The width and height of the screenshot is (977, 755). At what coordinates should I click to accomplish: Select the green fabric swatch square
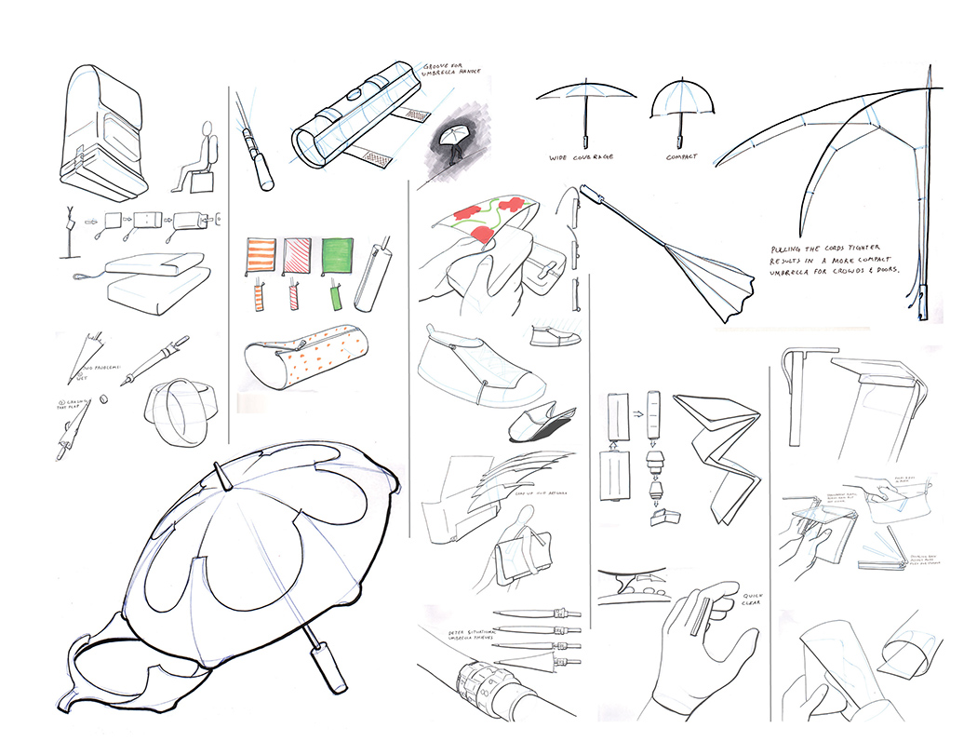pos(338,254)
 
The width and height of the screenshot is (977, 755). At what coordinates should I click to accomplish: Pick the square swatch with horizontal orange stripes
pos(259,256)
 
